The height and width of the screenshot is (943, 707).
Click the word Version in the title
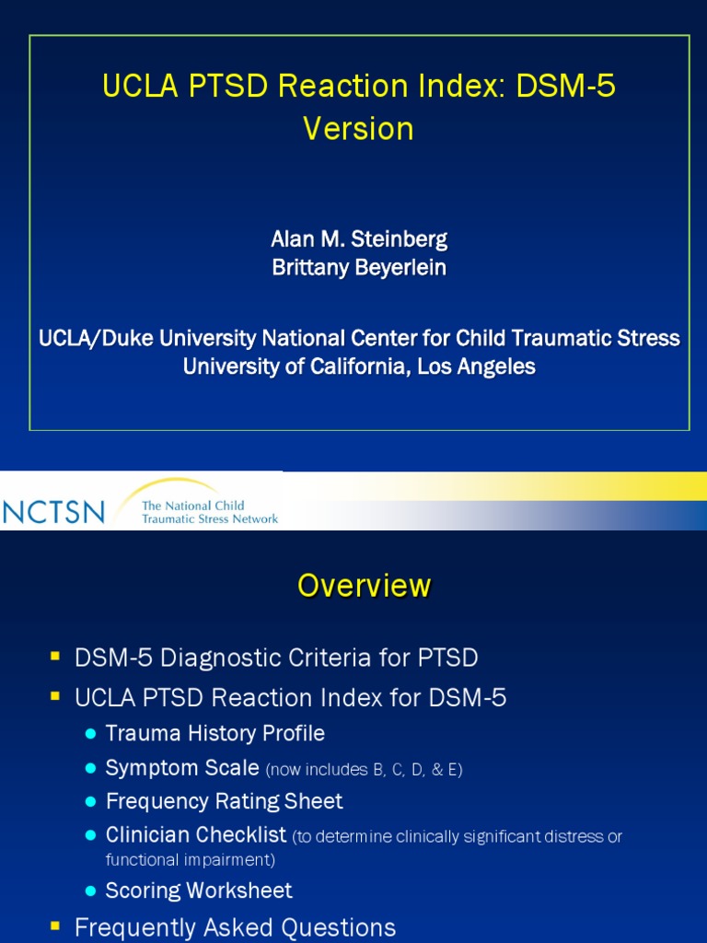coord(358,129)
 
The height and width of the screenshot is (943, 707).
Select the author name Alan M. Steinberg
coord(359,239)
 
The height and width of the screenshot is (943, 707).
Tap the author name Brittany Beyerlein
coord(359,267)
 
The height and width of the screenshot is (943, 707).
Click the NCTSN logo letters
coord(54,511)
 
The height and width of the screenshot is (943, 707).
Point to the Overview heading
coord(364,586)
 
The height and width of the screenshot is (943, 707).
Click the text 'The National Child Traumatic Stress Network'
coord(209,512)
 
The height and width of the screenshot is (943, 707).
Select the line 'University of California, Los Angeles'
coord(359,367)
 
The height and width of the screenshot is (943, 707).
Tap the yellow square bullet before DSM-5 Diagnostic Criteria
coord(55,657)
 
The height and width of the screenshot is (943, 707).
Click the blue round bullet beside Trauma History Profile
coord(90,734)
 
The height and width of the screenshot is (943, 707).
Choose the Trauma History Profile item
coord(214,734)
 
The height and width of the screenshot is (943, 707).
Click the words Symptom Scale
coord(182,768)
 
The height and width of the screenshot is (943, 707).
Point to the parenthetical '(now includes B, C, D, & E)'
coord(364,770)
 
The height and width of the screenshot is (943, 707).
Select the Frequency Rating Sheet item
coord(224,801)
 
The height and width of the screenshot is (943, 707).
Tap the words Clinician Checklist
coord(196,835)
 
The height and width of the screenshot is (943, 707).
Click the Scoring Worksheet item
coord(199,891)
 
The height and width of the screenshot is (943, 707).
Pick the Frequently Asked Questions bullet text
coord(235,927)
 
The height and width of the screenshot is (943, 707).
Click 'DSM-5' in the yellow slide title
coord(565,87)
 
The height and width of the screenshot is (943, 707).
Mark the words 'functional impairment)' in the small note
coord(191,860)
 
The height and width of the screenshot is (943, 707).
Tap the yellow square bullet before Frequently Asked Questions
coord(55,926)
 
